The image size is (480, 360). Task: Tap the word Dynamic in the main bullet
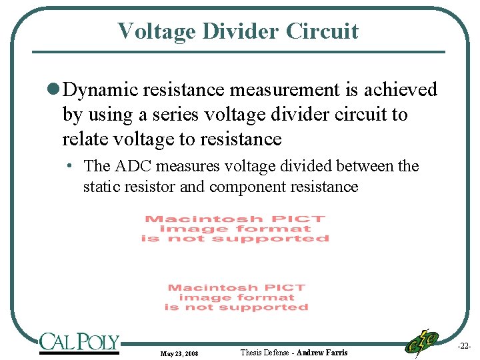pyautogui.click(x=101, y=89)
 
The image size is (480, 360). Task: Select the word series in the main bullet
pyautogui.click(x=173, y=115)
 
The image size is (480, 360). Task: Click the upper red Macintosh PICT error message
pyautogui.click(x=235, y=229)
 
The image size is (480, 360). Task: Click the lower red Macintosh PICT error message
pyautogui.click(x=236, y=297)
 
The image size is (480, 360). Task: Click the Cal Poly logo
pyautogui.click(x=79, y=343)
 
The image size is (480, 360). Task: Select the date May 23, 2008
pyautogui.click(x=179, y=353)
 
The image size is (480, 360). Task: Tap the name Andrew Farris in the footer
pyautogui.click(x=322, y=352)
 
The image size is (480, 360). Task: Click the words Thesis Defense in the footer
pyautogui.click(x=265, y=352)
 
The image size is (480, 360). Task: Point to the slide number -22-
pyautogui.click(x=464, y=347)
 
